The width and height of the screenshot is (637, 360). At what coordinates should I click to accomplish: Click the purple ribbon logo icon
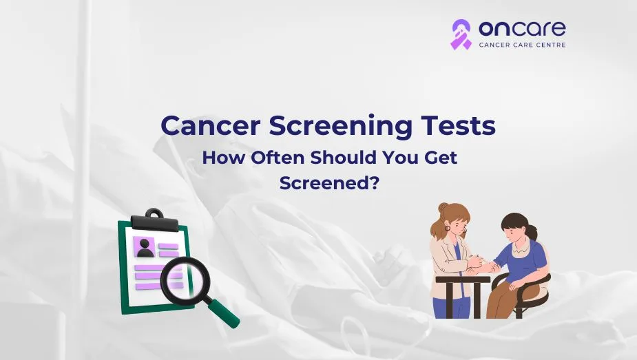tap(461, 34)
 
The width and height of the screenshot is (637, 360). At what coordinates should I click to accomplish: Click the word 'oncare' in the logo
tap(522, 28)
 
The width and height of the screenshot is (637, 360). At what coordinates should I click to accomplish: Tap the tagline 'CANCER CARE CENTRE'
tap(522, 45)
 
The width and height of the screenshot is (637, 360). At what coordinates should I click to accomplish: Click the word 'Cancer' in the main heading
tap(210, 125)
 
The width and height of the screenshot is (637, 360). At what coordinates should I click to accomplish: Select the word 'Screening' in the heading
tap(340, 127)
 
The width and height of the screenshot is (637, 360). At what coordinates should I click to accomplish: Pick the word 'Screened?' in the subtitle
tap(329, 182)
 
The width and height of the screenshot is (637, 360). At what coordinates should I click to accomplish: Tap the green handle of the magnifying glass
tap(224, 312)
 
